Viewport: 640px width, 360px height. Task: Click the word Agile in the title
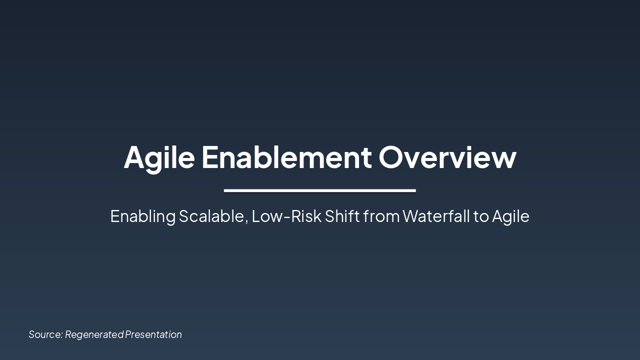click(x=159, y=157)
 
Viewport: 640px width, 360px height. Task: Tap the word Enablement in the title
click(x=286, y=156)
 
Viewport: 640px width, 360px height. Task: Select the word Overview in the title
click(x=447, y=156)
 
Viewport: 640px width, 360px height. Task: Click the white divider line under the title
click(x=320, y=190)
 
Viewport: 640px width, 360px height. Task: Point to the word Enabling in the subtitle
click(x=142, y=216)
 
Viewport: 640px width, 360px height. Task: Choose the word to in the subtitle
click(x=481, y=216)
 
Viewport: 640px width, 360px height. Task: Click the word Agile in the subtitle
click(x=510, y=216)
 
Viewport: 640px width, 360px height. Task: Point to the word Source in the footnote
click(x=45, y=334)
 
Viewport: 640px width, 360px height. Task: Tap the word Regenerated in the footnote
click(x=94, y=334)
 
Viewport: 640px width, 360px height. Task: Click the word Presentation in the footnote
click(x=153, y=334)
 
